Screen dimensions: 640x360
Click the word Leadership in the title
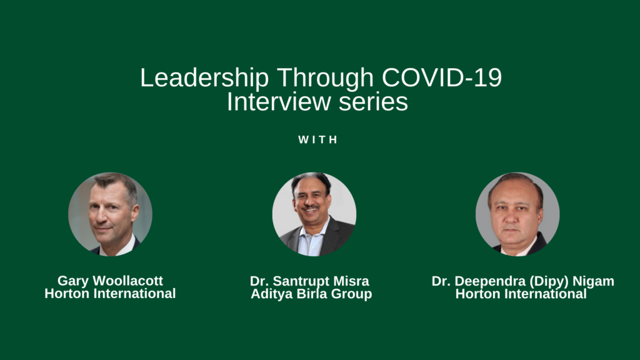(204, 77)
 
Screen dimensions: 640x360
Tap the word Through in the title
(325, 77)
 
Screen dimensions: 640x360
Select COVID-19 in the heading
(442, 77)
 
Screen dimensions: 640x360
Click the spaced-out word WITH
(318, 139)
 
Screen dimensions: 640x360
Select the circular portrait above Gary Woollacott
(110, 214)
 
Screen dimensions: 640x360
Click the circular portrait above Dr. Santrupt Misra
(314, 214)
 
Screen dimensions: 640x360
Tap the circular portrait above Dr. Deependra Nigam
(517, 214)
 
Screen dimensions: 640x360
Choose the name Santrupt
(301, 281)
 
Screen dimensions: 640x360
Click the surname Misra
(351, 281)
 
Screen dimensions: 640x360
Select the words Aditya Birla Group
(311, 294)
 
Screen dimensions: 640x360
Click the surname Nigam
(594, 281)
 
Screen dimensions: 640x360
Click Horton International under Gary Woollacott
(110, 294)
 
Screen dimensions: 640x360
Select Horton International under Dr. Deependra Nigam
(521, 294)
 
